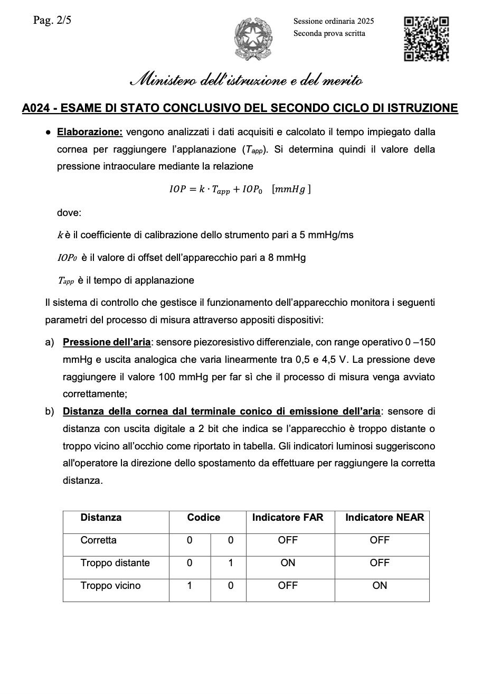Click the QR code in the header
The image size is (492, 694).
(x=426, y=39)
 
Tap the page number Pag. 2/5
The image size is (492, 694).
(x=52, y=21)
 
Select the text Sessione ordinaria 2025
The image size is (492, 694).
(x=334, y=21)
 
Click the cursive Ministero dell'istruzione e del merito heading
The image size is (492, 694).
(x=246, y=81)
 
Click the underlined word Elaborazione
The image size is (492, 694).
(x=90, y=132)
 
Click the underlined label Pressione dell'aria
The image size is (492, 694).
(x=107, y=342)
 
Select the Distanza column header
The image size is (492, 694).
(x=101, y=518)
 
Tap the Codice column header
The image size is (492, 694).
(x=204, y=518)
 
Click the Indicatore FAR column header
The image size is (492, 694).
(x=288, y=518)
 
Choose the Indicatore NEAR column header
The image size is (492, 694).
(x=384, y=518)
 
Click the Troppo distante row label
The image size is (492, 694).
(x=115, y=563)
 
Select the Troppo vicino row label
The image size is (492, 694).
(x=110, y=586)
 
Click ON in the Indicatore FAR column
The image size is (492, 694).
(x=288, y=563)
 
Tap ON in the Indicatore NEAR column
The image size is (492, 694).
(x=380, y=586)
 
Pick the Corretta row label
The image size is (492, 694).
(x=99, y=540)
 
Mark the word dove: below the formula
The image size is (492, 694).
(x=69, y=213)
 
